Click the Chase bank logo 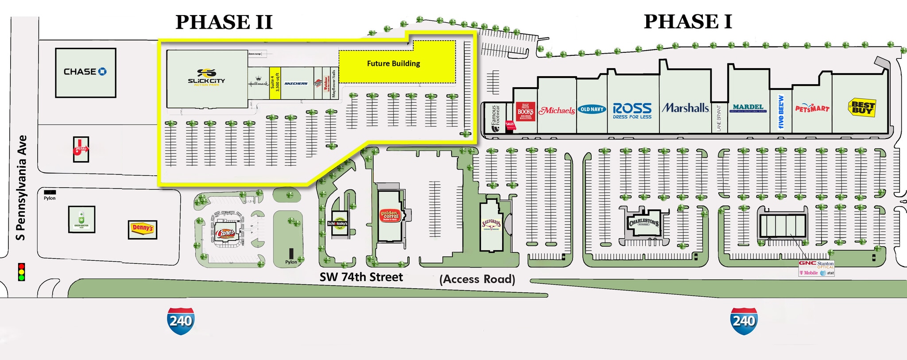(x=85, y=72)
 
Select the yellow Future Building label (x=393, y=63)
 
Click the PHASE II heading (x=224, y=22)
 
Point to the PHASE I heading (x=688, y=21)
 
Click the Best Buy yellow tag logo (x=861, y=108)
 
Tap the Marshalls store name (x=685, y=108)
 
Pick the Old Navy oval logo (x=592, y=109)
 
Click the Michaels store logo (x=557, y=110)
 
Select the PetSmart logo (x=812, y=108)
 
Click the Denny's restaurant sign (x=143, y=228)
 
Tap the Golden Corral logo (x=390, y=216)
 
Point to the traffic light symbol (x=21, y=272)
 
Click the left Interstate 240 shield (x=181, y=321)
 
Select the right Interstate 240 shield (x=744, y=321)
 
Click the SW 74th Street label (x=361, y=277)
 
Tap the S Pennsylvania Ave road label (x=21, y=188)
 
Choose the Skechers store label (x=296, y=83)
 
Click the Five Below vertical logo (x=781, y=112)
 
